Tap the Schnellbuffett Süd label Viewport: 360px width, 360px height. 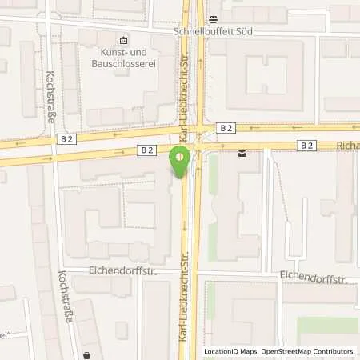point(214,33)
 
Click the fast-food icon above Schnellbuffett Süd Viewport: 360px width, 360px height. point(214,18)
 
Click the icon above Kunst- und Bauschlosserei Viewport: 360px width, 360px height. point(122,40)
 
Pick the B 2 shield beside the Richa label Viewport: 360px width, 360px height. point(307,145)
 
